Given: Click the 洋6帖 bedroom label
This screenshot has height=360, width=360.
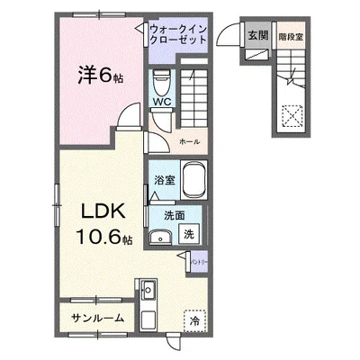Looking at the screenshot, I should (x=100, y=76).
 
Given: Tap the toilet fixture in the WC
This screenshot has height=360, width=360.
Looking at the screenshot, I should (x=161, y=84).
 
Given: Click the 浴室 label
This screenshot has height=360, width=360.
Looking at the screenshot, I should (x=164, y=180).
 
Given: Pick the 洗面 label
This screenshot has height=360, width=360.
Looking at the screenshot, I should (x=174, y=215).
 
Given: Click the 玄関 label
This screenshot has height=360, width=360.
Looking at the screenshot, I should (x=255, y=35).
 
